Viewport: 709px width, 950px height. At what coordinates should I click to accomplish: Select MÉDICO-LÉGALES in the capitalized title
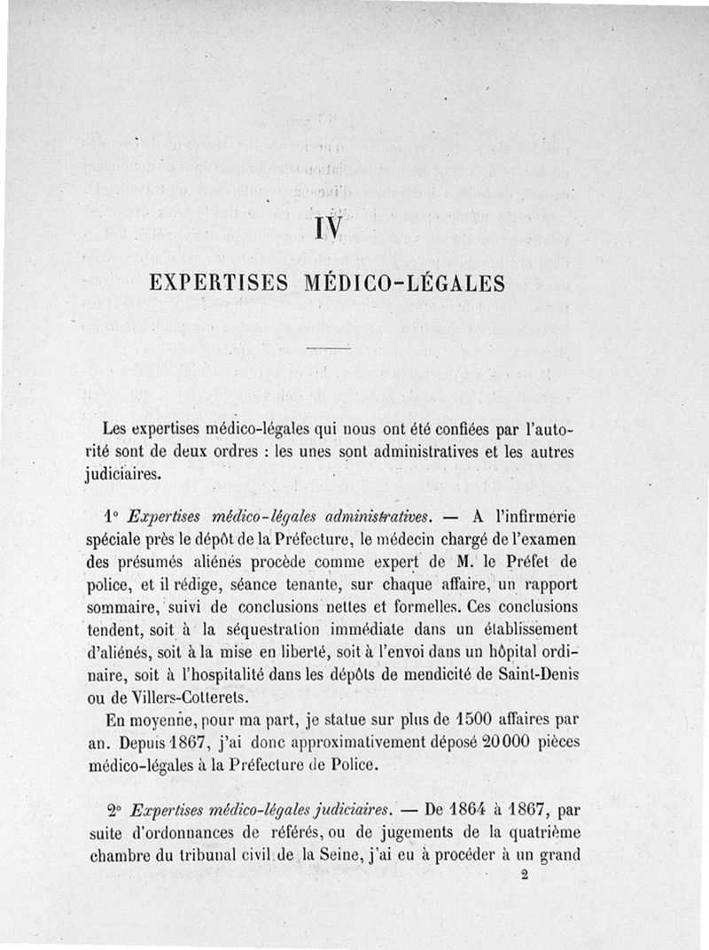(404, 284)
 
